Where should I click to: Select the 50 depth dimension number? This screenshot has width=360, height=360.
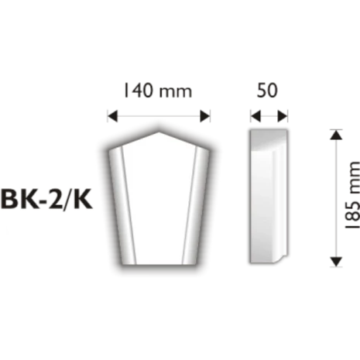point(266,90)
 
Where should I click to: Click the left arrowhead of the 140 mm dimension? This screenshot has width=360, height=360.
point(111,117)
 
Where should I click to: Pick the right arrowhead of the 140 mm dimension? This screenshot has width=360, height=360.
point(206,117)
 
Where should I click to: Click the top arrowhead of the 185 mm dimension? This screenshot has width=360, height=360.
point(335,135)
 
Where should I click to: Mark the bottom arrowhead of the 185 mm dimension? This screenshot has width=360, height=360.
point(335,262)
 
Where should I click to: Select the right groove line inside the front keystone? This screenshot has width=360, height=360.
point(194,201)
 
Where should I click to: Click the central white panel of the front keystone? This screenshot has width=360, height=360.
point(159,201)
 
